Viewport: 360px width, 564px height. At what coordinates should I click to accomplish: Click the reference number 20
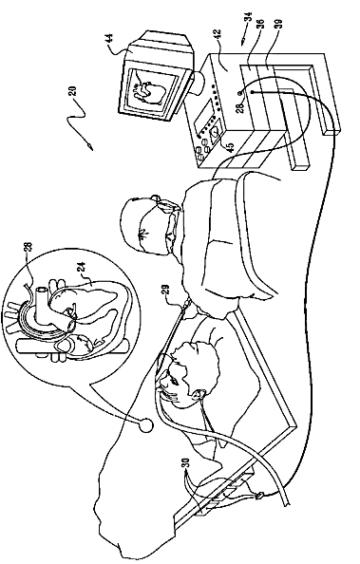click(x=72, y=92)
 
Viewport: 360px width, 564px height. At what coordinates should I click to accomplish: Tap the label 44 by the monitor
click(x=110, y=39)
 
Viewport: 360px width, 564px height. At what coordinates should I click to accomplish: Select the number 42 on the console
click(x=218, y=35)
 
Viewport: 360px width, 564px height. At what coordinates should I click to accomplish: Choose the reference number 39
click(x=279, y=24)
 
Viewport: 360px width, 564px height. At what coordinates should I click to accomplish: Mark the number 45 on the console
click(x=230, y=148)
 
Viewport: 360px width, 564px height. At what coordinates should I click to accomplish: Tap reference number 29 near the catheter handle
click(x=166, y=291)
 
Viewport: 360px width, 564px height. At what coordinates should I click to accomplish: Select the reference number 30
click(x=186, y=464)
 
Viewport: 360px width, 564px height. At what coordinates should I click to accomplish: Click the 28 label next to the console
click(x=240, y=107)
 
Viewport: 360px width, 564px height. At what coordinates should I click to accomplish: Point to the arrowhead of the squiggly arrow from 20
click(x=90, y=147)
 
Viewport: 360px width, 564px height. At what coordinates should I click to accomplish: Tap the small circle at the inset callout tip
click(x=146, y=424)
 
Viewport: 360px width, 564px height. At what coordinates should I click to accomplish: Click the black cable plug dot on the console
click(x=253, y=92)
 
